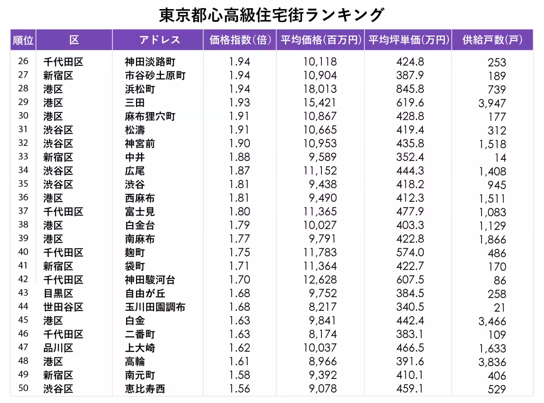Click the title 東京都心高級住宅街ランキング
coord(272,15)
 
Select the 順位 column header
coord(23,40)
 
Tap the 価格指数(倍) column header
coord(239,40)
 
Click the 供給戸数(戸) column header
coord(492,40)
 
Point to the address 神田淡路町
coord(150,62)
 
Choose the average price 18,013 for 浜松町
coord(320,89)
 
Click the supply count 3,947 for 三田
coord(492,103)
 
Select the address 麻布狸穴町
coord(150,117)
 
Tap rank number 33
coord(23,157)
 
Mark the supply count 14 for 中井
coord(500,158)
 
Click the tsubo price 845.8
coord(409,89)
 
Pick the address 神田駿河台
coord(150,280)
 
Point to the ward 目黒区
coord(58,294)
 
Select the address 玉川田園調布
coord(155,307)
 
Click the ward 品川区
coord(58,348)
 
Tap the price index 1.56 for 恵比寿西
coord(239,389)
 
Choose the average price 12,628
coord(320,280)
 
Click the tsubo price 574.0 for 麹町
coord(409,252)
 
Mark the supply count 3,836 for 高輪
coord(492,362)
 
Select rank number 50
coord(23,388)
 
